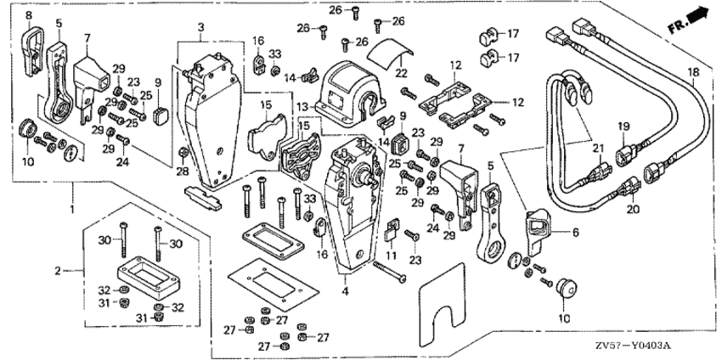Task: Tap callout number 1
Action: [73, 208]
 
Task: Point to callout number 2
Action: [57, 272]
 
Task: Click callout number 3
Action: [200, 28]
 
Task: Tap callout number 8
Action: [27, 15]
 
